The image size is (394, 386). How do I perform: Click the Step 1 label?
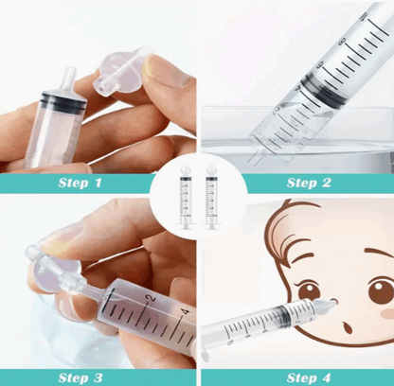point(80,183)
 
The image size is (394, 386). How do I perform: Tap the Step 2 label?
point(309,183)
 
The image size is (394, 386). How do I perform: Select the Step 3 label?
point(81,377)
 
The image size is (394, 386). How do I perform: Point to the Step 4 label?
point(309,377)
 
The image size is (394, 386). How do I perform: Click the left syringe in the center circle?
point(186,196)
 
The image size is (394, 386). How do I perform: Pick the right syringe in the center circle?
point(211,196)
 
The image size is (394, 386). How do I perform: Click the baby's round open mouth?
point(347,327)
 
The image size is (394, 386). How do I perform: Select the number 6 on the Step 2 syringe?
point(320,64)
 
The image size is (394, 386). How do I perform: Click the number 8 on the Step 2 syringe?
point(342,42)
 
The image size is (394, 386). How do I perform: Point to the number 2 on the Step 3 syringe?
point(152,298)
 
